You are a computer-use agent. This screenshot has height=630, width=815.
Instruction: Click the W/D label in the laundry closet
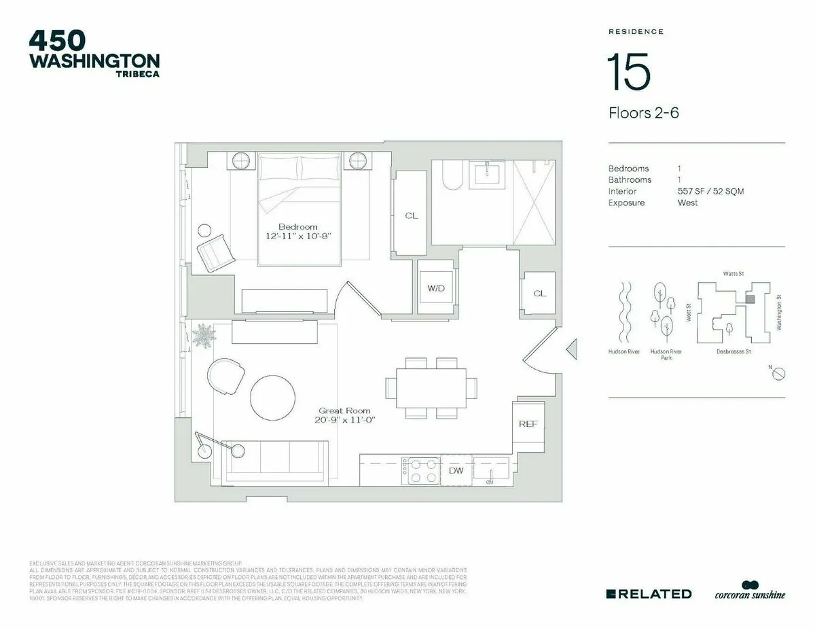coord(435,288)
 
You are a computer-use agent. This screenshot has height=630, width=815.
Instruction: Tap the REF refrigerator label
coord(528,424)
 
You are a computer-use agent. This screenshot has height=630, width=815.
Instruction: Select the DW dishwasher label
coord(456,470)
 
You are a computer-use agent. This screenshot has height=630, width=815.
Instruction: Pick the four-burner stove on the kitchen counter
coord(420,470)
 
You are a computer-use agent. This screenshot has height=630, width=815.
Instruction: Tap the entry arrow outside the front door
coord(571,349)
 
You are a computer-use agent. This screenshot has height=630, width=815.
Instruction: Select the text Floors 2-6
coord(643,113)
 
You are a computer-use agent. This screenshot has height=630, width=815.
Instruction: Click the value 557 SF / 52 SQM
coord(710,192)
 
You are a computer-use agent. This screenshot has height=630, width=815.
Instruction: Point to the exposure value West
coord(687,203)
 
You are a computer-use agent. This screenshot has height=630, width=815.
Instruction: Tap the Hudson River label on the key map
coord(624,352)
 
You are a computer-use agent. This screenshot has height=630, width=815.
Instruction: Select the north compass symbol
coord(780,373)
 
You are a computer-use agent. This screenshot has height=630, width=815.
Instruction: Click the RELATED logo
coord(649,594)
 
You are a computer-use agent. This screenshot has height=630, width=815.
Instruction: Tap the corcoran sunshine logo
coord(749,593)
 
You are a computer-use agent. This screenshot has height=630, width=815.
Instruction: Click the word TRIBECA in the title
coord(138,74)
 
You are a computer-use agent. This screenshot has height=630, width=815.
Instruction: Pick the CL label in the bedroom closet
coord(411,216)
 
